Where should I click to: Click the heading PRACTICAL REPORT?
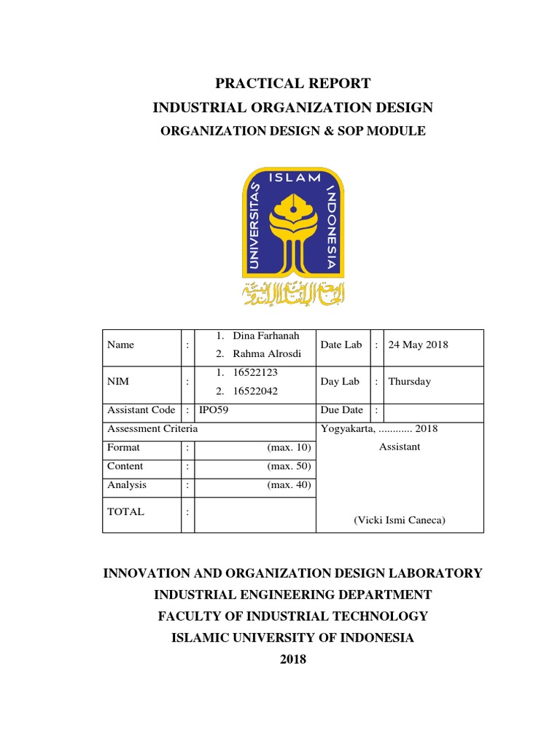tap(292, 83)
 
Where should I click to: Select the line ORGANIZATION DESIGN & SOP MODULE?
tap(292, 131)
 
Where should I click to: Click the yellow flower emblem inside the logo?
tap(292, 219)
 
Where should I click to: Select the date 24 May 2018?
tap(418, 345)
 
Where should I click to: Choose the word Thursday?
tap(409, 381)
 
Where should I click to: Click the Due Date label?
tap(342, 410)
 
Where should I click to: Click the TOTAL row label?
tap(125, 512)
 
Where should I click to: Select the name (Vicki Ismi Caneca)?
tap(399, 520)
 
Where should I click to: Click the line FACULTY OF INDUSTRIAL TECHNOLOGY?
tap(292, 616)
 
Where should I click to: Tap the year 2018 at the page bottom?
tap(292, 659)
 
